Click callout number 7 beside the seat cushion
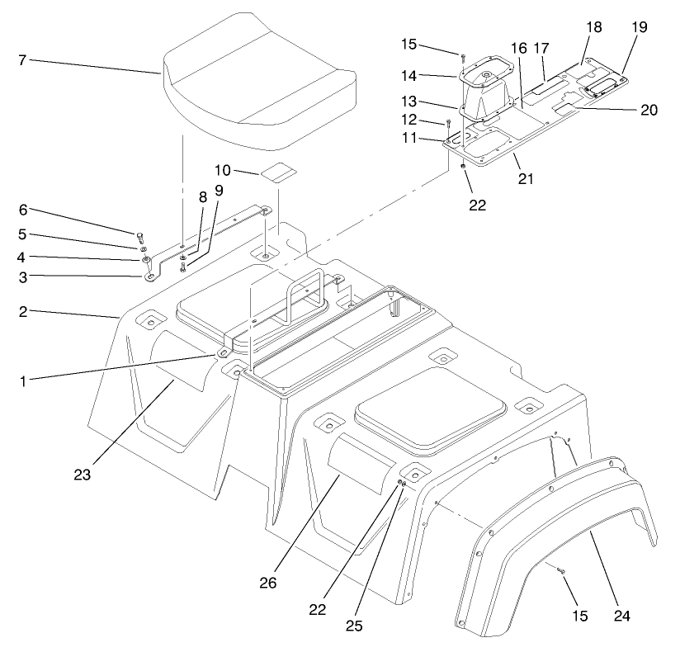(x=23, y=59)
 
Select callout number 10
(x=222, y=170)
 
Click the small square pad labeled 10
(x=278, y=173)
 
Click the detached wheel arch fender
(x=553, y=545)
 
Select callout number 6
(x=23, y=210)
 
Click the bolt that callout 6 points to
(x=140, y=234)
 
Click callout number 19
(x=640, y=28)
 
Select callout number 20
(x=648, y=110)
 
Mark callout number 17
(x=541, y=48)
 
